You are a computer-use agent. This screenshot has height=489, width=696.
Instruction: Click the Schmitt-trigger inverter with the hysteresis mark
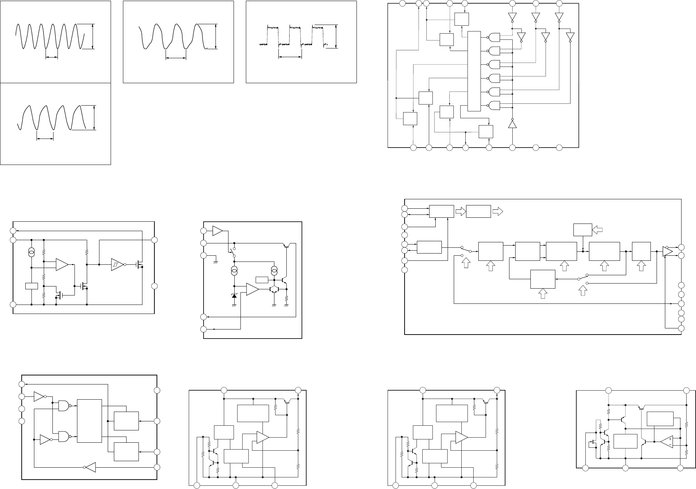[116, 265]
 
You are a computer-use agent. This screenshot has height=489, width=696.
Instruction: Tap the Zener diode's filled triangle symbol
[234, 295]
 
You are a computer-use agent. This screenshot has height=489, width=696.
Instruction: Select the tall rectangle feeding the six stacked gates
[474, 71]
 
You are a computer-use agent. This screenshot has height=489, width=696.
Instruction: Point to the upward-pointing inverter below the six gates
[512, 124]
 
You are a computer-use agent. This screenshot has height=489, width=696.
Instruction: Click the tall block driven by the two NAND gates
[89, 421]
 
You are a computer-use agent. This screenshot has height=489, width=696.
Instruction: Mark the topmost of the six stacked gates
[494, 38]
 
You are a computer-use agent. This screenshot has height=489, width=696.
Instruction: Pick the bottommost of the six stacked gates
[494, 105]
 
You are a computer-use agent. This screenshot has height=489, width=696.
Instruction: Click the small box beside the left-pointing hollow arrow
[582, 230]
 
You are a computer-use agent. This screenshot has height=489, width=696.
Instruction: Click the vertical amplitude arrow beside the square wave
[336, 36]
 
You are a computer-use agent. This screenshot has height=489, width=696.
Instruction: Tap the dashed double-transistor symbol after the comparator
[274, 289]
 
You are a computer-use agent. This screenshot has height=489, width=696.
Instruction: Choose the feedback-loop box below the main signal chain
[543, 279]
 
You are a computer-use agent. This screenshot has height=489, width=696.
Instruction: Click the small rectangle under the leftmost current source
[32, 286]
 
